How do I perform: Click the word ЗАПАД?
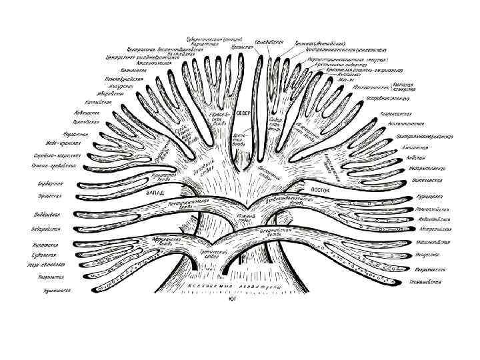tap(155, 192)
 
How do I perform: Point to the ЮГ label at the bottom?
tap(231, 299)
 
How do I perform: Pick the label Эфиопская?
tap(48, 197)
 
